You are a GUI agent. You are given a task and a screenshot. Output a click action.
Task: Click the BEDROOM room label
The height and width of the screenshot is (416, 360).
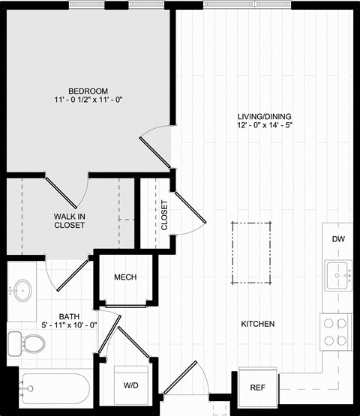click(x=88, y=88)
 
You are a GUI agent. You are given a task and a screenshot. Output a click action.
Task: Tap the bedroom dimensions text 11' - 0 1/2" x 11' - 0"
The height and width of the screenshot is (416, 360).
click(x=88, y=100)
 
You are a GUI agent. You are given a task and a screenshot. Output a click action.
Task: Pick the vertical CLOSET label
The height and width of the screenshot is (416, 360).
click(x=164, y=214)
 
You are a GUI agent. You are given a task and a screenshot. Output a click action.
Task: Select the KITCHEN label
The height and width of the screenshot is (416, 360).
click(x=257, y=325)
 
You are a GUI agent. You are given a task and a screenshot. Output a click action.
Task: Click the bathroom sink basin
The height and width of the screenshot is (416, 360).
click(x=23, y=289)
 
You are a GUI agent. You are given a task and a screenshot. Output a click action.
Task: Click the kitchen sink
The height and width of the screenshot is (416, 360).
click(x=339, y=272)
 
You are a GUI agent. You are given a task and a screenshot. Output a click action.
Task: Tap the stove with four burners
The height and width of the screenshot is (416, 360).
click(x=337, y=331)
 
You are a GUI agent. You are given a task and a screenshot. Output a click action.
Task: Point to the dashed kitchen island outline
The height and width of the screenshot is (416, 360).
click(x=251, y=253)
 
